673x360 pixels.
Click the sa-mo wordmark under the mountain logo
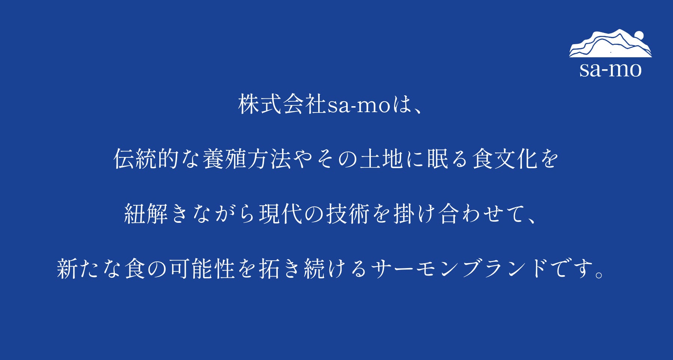(611, 70)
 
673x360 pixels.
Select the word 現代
(280, 213)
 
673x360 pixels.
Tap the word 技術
(348, 213)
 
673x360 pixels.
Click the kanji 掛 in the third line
(404, 213)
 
